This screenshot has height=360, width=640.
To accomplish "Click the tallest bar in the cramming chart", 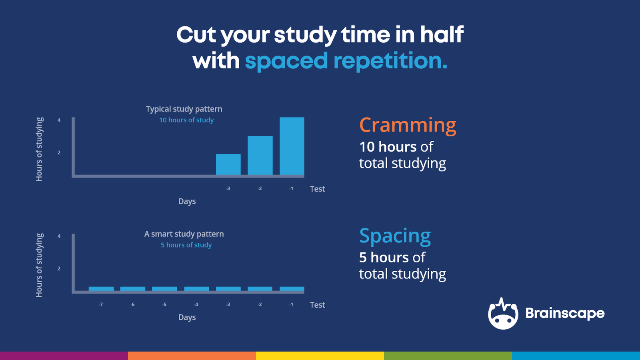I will [x=292, y=146].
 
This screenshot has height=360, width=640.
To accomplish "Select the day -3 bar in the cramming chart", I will [x=228, y=164].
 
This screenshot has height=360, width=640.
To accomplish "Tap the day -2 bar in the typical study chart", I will [x=260, y=155].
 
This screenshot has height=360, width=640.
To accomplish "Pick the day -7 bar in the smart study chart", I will [x=101, y=289].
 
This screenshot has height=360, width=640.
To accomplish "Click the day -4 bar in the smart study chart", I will [x=196, y=289].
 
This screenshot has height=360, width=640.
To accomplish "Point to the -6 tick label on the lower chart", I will [x=132, y=304].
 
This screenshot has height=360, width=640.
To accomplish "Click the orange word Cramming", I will [x=408, y=125].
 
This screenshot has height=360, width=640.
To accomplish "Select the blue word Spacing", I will [x=395, y=236].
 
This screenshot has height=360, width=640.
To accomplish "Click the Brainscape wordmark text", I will [x=565, y=313].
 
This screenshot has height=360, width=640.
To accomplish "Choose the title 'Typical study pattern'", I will [x=184, y=109].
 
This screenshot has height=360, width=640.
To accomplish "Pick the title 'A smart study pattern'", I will [x=184, y=234].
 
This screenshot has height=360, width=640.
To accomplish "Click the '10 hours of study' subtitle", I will [x=186, y=120].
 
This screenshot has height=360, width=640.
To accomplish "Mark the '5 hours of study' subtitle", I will [x=186, y=245].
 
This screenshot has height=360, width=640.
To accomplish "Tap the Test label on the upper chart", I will [x=317, y=189].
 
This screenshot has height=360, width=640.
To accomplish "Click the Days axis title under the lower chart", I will [x=187, y=317].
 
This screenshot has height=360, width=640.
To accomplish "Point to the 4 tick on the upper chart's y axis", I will [x=59, y=120].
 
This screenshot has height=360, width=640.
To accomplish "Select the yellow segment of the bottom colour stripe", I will [x=320, y=356].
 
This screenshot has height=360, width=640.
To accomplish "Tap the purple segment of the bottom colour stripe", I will [x=64, y=356].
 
